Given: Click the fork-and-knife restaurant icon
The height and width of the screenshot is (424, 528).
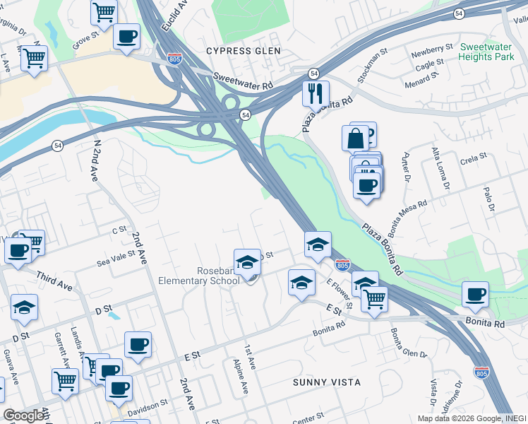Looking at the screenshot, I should [x=315, y=93].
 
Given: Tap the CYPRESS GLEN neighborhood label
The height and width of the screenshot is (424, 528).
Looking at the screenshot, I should [x=244, y=51].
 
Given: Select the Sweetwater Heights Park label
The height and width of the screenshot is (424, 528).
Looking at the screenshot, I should [x=486, y=52].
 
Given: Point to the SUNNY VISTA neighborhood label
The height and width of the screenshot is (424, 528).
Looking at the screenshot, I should [x=327, y=382].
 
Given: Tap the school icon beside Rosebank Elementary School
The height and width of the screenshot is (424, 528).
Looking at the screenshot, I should [x=247, y=262].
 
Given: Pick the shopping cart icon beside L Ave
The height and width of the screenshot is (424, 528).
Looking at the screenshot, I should [x=33, y=58].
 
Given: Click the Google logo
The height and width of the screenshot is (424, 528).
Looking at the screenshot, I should [x=23, y=415].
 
